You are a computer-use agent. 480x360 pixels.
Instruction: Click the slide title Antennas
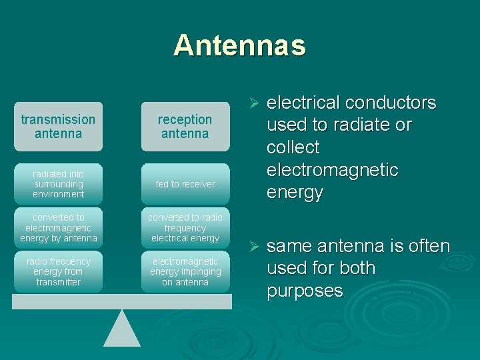click(239, 45)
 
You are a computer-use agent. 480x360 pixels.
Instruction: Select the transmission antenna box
click(58, 127)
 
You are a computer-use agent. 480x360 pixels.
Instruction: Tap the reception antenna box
click(185, 127)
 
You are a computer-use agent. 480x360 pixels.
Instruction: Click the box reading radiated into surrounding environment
click(58, 184)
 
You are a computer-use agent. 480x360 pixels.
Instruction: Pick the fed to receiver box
click(185, 184)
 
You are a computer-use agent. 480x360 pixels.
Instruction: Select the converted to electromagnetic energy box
click(58, 228)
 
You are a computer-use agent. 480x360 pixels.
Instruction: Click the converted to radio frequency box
click(185, 228)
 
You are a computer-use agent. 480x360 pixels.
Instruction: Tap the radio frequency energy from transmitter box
click(58, 272)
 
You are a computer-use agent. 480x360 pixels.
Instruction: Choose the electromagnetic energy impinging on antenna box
click(185, 272)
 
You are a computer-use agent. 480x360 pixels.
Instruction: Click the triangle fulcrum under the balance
click(122, 329)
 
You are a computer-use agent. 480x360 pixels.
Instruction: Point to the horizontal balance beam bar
click(122, 302)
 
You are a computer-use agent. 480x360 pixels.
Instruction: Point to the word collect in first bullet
click(293, 148)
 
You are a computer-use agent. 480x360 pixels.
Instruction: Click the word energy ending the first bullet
click(295, 193)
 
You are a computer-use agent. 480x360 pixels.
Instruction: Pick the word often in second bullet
click(429, 247)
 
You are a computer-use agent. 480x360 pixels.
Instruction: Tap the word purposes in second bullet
click(305, 291)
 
